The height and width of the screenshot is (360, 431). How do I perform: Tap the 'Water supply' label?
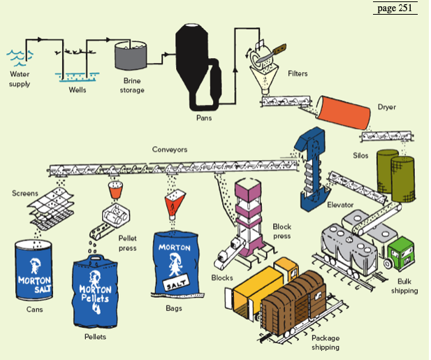click(20, 79)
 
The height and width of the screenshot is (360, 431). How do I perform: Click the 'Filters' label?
click(297, 74)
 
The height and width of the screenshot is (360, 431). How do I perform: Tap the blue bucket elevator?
click(307, 168)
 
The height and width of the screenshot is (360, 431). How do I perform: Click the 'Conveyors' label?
click(170, 149)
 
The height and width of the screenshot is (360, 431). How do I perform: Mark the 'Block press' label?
click(282, 231)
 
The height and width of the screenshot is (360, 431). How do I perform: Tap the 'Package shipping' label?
click(325, 342)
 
